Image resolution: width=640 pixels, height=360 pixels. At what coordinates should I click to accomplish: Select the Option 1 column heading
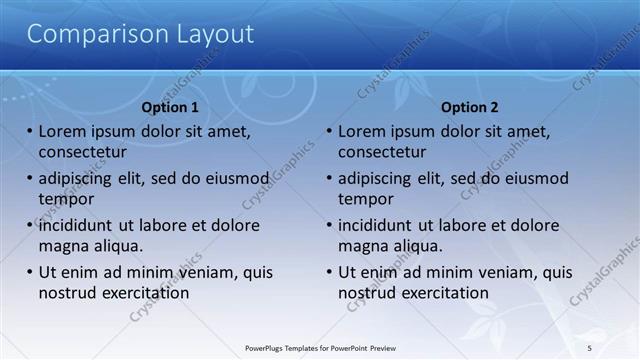(x=170, y=107)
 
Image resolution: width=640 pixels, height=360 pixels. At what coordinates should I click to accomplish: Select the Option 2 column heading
(x=469, y=107)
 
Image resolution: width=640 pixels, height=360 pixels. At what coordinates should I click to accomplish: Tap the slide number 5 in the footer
(x=589, y=348)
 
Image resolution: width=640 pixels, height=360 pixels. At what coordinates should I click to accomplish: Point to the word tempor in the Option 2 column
(x=366, y=199)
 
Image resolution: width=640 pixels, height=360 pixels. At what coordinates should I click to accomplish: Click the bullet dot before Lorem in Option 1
(x=29, y=132)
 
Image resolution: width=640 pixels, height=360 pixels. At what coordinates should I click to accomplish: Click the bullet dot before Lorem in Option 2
(x=329, y=132)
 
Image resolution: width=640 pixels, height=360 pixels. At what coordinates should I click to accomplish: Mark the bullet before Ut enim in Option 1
(x=29, y=273)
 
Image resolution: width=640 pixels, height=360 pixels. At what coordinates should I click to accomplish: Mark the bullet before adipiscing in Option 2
(x=329, y=179)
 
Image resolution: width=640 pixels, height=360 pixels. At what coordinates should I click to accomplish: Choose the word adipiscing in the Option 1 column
(x=79, y=179)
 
